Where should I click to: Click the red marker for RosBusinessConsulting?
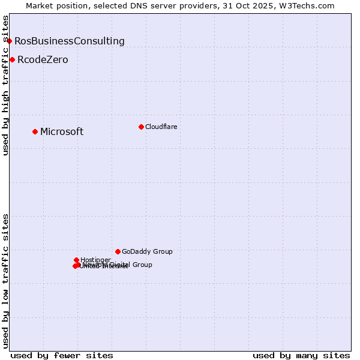click(9, 41)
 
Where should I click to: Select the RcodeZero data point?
click(12, 59)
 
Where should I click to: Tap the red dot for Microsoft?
click(35, 131)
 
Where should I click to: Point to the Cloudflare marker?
click(141, 127)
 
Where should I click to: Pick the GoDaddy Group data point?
click(118, 251)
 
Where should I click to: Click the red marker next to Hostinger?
click(76, 260)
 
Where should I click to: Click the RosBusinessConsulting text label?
click(70, 41)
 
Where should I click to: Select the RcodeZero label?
click(43, 59)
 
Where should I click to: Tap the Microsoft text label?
click(62, 131)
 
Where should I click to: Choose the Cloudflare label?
click(161, 127)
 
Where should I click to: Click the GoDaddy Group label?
click(147, 251)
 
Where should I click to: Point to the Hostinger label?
click(95, 260)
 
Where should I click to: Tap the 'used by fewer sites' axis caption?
click(62, 355)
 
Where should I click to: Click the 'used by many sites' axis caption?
click(301, 355)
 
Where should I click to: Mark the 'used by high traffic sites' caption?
click(5, 85)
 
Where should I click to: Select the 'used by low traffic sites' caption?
click(5, 280)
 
